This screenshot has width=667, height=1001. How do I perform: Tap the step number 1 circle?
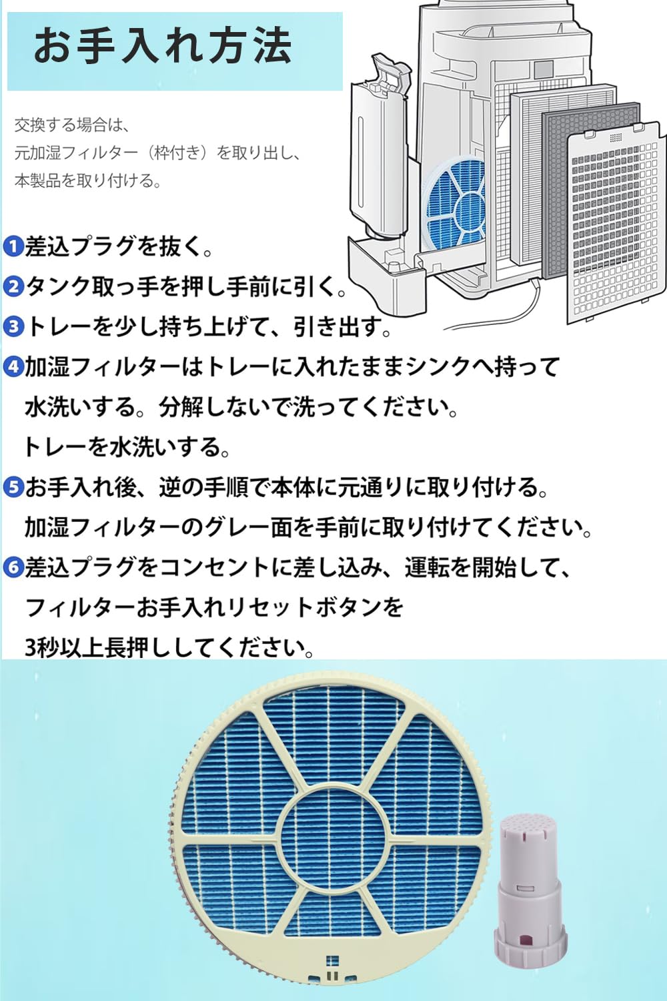[x=13, y=247]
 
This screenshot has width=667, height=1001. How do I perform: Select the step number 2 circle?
[x=13, y=287]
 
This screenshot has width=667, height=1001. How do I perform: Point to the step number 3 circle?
[x=13, y=327]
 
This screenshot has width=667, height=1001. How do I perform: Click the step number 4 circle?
[x=13, y=367]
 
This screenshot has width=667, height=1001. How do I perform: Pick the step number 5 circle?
[x=13, y=488]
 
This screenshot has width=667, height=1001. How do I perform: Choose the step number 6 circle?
[x=13, y=568]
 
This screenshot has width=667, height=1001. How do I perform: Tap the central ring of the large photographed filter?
[x=331, y=832]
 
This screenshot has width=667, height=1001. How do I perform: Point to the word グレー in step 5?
[x=235, y=528]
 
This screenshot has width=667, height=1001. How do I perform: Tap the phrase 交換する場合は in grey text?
[x=72, y=125]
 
